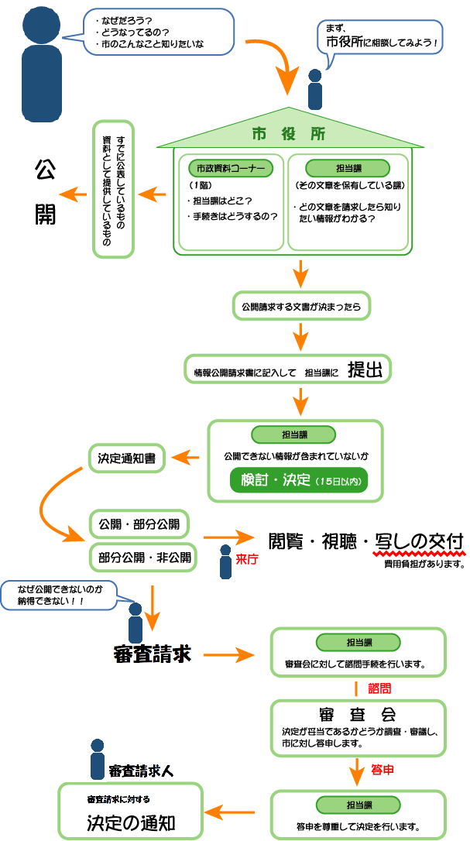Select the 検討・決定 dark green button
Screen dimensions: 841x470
click(298, 481)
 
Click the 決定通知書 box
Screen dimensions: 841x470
click(126, 458)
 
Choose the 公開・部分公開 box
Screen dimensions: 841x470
click(139, 523)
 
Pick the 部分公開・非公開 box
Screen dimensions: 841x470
click(139, 556)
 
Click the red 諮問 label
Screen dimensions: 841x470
click(380, 687)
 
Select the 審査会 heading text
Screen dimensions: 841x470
click(357, 713)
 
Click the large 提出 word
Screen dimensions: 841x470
click(365, 370)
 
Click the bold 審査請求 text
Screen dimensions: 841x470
click(152, 654)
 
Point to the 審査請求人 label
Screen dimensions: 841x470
click(140, 771)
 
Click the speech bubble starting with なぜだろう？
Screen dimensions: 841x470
click(147, 32)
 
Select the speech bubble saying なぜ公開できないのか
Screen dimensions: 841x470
click(60, 595)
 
